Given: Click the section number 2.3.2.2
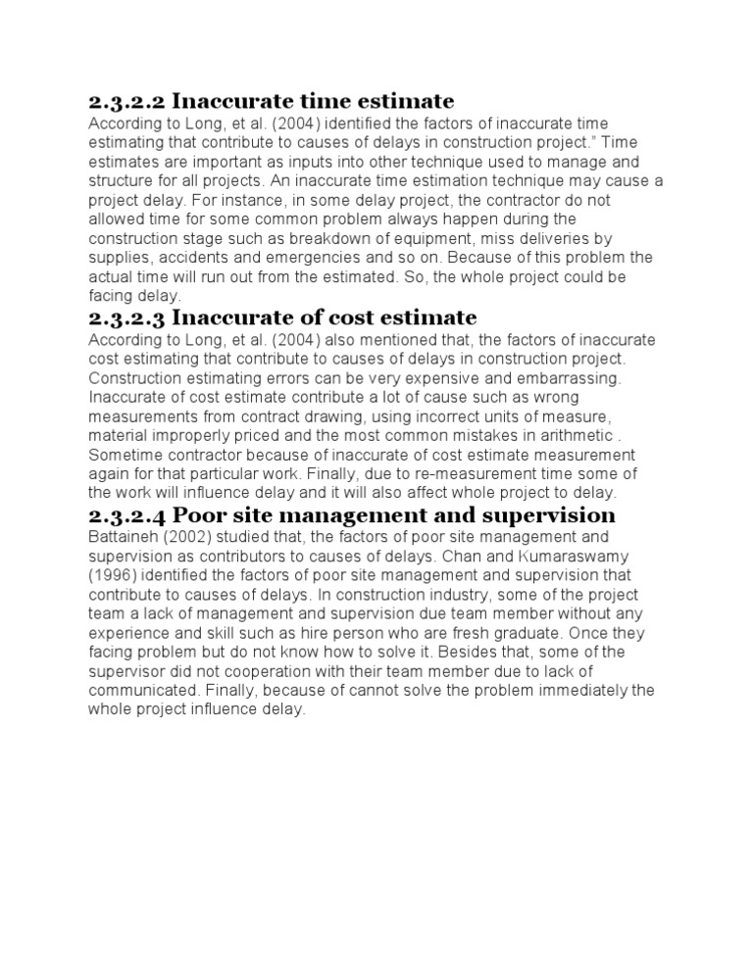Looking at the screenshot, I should click(x=126, y=101).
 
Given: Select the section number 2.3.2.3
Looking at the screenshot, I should click(x=126, y=317).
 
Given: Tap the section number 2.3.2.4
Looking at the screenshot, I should click(x=126, y=515).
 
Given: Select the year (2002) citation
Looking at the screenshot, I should click(x=188, y=537).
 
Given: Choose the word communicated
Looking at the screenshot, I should click(x=141, y=691).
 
